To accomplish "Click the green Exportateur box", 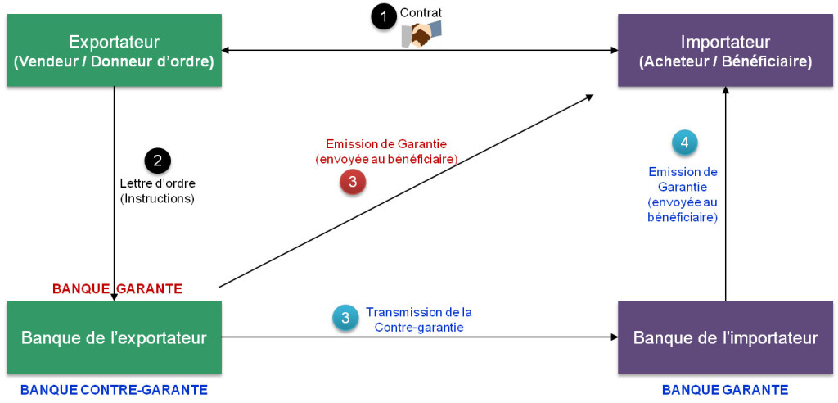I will tap(114, 50).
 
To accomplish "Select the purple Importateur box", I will tap(725, 50).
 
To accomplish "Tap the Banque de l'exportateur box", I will tap(114, 337).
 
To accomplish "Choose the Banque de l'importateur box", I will tap(725, 337).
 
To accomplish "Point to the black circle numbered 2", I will tap(157, 160).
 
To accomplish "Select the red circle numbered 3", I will tap(353, 182).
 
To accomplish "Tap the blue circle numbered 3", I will tap(345, 319).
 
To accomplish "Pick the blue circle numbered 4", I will tap(684, 143).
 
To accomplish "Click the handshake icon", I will tap(421, 34).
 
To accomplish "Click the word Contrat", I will tap(421, 13).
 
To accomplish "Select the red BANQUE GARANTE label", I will tap(117, 288).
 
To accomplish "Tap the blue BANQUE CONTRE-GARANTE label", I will tap(114, 390).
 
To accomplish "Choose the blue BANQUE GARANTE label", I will tap(725, 390).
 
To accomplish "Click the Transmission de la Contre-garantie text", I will tap(418, 319).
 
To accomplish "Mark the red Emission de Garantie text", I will tap(386, 151).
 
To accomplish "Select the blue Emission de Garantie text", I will tap(683, 195).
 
